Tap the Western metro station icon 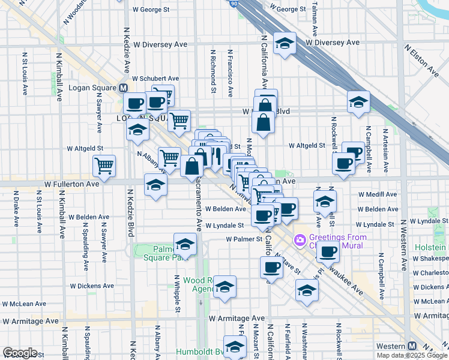tap(412, 346)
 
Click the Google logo tap(19, 353)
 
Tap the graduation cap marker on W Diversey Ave tap(285, 43)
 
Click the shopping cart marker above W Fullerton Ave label tap(104, 166)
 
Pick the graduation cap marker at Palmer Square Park tap(185, 245)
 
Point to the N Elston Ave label tap(421, 60)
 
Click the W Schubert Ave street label tap(155, 79)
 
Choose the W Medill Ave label tap(378, 194)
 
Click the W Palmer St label tap(245, 239)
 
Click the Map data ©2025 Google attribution tap(412, 355)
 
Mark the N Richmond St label tap(213, 71)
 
